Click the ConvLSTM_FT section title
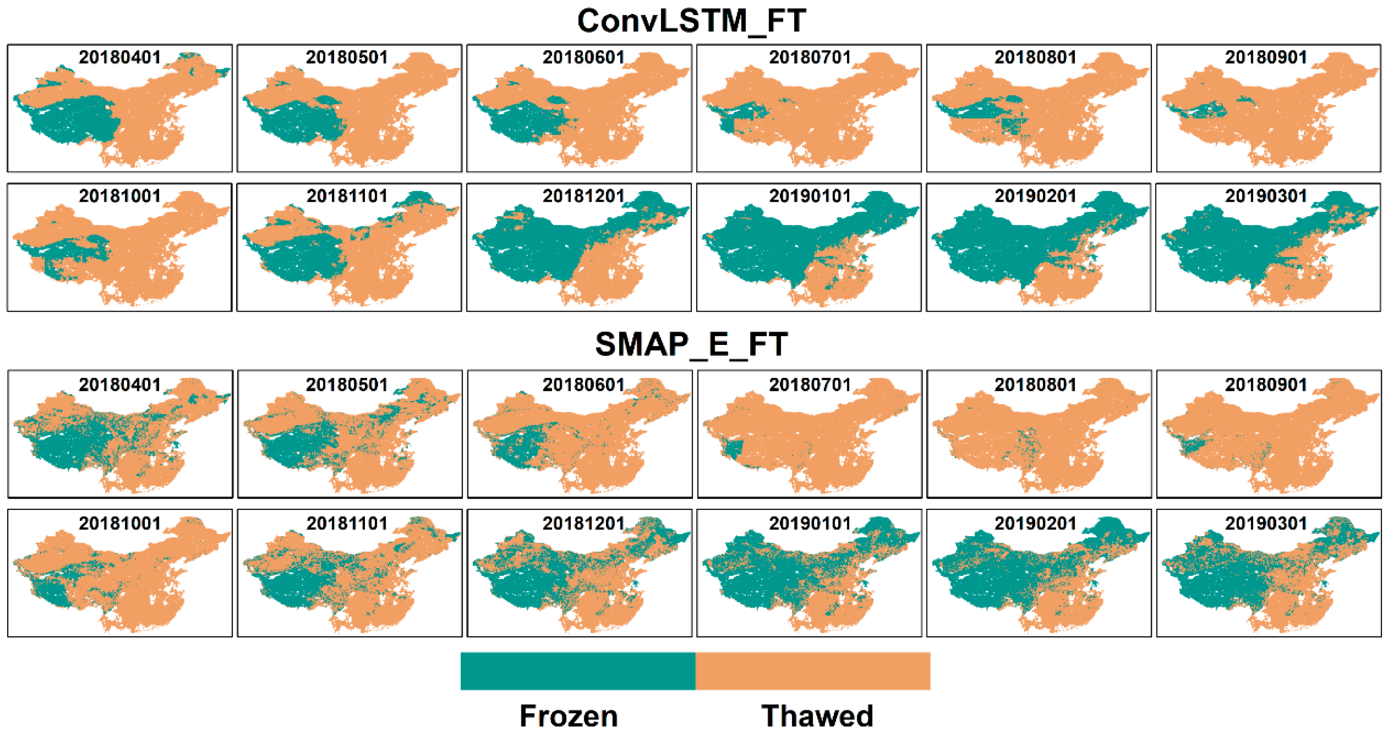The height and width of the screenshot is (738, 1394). [691, 21]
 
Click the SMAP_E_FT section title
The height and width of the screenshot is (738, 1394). [691, 344]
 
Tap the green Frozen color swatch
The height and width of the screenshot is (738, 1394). [577, 671]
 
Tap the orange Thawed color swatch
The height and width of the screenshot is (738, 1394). [812, 671]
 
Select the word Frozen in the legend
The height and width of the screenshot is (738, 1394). [568, 715]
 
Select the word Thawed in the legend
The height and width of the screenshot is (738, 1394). [817, 715]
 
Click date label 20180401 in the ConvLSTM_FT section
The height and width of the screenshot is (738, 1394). [120, 57]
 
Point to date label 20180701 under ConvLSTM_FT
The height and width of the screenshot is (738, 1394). [810, 57]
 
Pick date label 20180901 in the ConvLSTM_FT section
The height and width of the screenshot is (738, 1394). [1266, 57]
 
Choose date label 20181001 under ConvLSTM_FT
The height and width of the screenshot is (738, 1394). [120, 196]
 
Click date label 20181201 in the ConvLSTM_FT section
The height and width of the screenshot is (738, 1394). [583, 196]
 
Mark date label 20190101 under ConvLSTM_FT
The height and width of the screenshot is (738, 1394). [810, 196]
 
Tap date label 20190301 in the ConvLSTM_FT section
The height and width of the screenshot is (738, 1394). [1266, 196]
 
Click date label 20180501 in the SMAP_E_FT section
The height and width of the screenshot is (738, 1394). [347, 385]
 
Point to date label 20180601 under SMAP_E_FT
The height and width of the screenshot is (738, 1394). [583, 385]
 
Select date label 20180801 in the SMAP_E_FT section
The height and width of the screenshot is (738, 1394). [1035, 385]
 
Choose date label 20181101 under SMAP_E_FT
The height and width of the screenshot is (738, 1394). [347, 523]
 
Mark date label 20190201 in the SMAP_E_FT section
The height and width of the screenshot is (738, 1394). [1035, 523]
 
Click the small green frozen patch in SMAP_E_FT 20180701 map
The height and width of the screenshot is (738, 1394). [734, 449]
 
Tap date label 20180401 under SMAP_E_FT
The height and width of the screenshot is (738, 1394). [120, 385]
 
